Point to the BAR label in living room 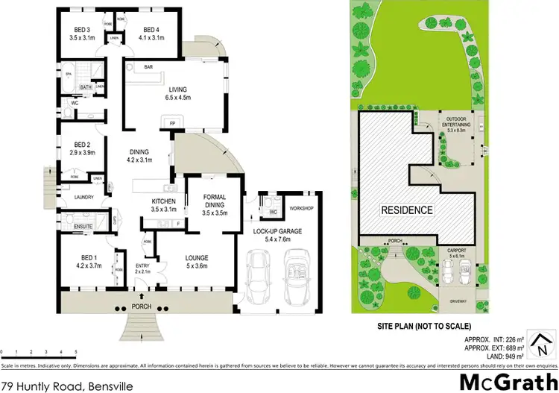[148, 67]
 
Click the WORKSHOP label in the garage [300, 208]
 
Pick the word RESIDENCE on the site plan [407, 210]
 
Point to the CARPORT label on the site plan [454, 251]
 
